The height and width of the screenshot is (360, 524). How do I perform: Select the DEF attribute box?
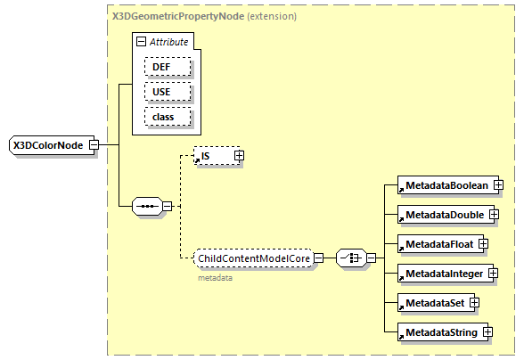(161, 66)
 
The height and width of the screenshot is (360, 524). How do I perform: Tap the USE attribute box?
(161, 91)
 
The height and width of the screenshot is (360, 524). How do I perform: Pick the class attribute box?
(161, 116)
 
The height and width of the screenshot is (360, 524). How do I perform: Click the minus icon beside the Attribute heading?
(140, 42)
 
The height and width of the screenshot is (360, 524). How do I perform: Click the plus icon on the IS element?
(238, 156)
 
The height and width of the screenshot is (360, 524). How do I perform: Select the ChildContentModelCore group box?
(253, 258)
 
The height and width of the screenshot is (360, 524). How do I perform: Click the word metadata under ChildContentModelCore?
(215, 278)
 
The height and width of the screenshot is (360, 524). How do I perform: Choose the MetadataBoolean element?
(445, 184)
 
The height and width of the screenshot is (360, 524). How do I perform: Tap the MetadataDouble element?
(442, 214)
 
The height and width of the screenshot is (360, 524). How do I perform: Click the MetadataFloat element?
(438, 243)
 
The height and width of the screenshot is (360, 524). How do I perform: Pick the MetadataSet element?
(432, 302)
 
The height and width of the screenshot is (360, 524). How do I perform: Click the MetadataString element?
(441, 331)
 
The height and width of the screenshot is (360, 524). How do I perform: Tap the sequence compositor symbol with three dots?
(145, 207)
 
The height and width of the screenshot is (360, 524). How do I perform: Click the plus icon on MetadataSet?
(475, 302)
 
